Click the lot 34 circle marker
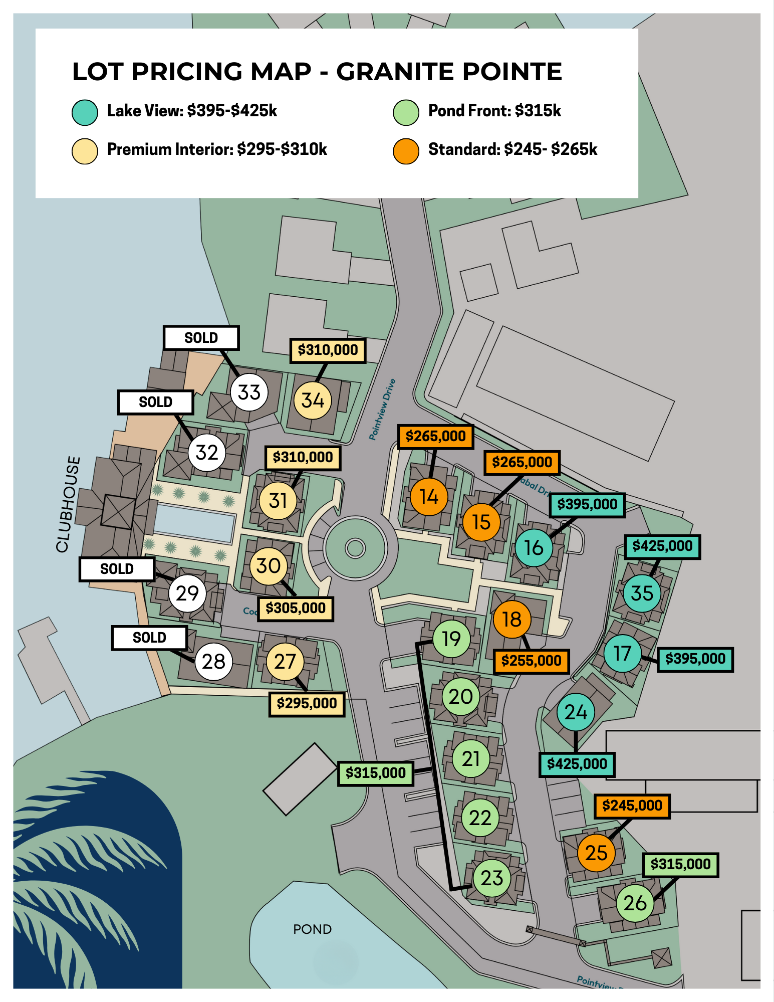pos(313,400)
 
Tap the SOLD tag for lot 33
pos(201,338)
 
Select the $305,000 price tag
pos(296,609)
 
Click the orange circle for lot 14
pos(429,497)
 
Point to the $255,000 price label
pos(531,661)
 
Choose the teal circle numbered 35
pos(642,593)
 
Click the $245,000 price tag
pos(632,806)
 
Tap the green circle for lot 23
pos(491,878)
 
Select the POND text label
pos(312,929)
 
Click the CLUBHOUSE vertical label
pos(68,504)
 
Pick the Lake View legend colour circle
pos(85,112)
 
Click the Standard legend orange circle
pos(406,151)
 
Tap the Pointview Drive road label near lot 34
pos(382,410)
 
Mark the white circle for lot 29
pos(187,593)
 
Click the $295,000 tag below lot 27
pos(307,703)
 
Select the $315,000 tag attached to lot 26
pos(680,864)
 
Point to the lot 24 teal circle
pos(576,712)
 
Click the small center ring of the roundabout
pos(355,548)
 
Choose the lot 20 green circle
pos(460,696)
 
